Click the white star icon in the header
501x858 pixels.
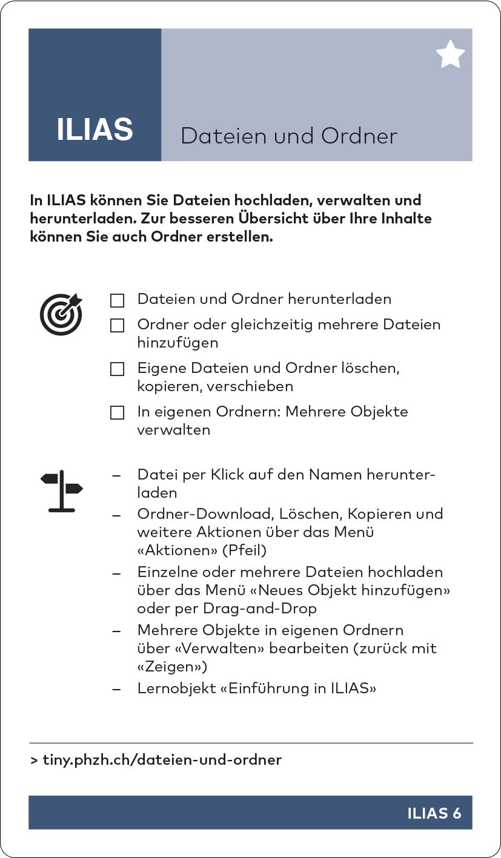coord(450,54)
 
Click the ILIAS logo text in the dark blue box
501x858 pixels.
coord(95,130)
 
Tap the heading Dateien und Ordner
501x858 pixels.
coord(289,136)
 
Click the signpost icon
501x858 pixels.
coord(61,491)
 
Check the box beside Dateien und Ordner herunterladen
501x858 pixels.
coord(117,300)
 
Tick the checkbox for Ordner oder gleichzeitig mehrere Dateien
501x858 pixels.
coord(117,326)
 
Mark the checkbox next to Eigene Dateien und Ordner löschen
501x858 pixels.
coord(117,369)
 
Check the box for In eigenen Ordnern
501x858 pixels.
coord(117,413)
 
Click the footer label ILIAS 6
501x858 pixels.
coord(434,813)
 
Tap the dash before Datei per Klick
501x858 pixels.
coord(117,475)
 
